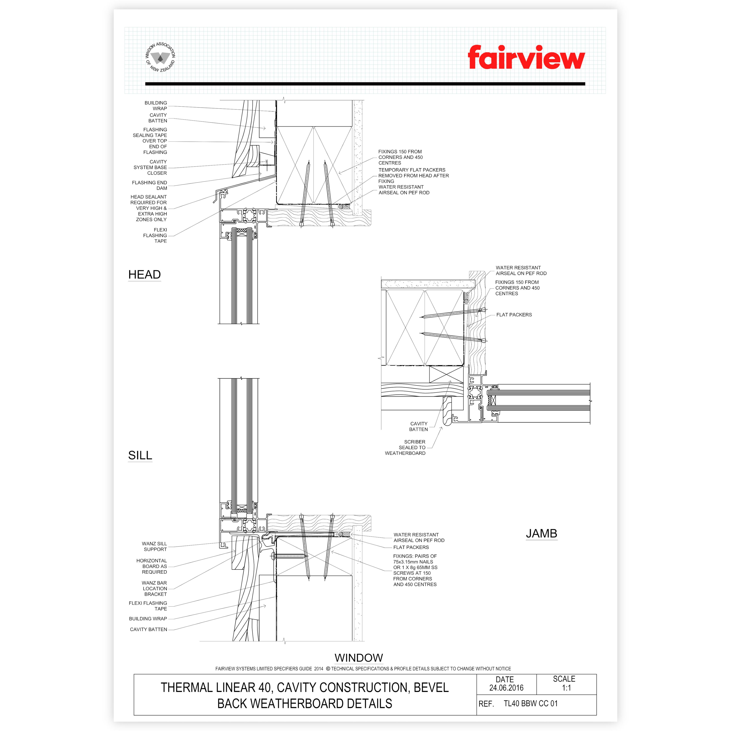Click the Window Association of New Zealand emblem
(160, 57)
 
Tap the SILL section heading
(140, 455)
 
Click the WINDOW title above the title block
(359, 658)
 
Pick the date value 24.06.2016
(506, 688)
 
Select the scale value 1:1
(566, 688)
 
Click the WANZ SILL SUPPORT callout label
(154, 546)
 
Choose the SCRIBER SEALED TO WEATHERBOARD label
(405, 447)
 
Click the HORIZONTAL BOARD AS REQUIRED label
(152, 566)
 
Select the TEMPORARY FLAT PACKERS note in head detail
(414, 176)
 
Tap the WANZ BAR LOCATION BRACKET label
(154, 588)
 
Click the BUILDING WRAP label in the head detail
(156, 106)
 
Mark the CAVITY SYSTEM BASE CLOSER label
(150, 167)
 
